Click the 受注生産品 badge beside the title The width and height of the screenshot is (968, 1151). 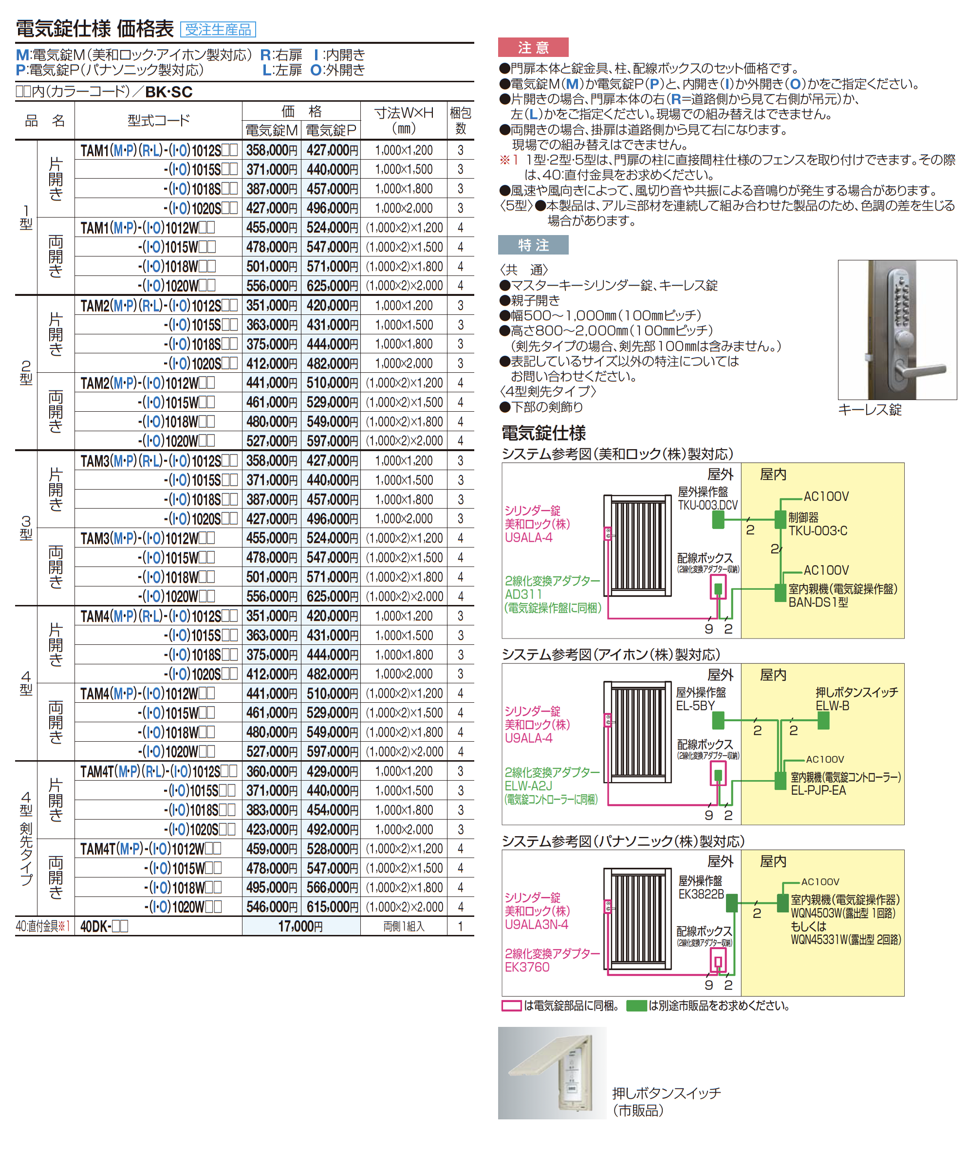click(x=218, y=29)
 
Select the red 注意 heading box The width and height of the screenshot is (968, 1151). click(x=532, y=48)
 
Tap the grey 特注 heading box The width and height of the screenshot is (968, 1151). click(x=532, y=245)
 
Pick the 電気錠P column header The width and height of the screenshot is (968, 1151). click(x=331, y=130)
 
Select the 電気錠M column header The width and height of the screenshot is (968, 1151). click(x=271, y=130)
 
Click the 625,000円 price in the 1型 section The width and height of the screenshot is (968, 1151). click(x=332, y=286)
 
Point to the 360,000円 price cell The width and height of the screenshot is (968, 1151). click(x=271, y=771)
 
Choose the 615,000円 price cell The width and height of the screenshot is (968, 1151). click(x=332, y=907)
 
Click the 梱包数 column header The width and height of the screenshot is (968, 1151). click(x=461, y=121)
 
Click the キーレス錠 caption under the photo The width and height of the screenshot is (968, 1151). click(x=869, y=410)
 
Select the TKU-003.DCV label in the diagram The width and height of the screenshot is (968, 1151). click(x=707, y=505)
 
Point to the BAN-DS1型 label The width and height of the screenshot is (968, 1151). click(x=818, y=602)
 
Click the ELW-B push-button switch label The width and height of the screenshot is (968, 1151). click(x=833, y=706)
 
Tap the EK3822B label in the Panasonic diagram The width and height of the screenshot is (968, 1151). click(x=701, y=895)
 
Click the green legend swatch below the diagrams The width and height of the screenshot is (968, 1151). click(x=636, y=1005)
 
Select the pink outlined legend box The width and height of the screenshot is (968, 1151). click(x=511, y=1005)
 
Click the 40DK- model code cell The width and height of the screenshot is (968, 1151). click(x=104, y=926)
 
